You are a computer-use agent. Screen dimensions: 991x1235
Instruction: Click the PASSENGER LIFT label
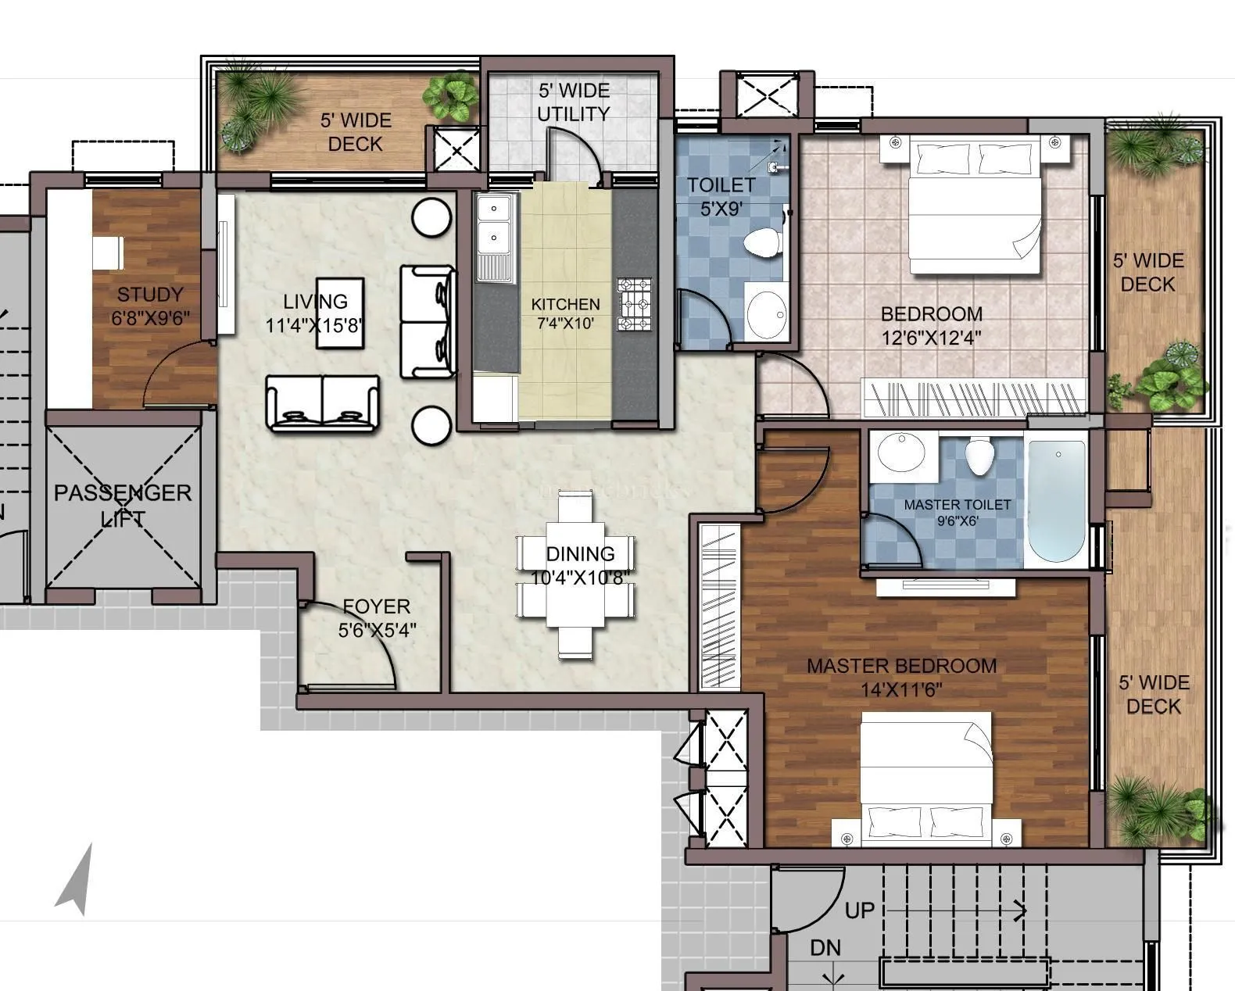[123, 505]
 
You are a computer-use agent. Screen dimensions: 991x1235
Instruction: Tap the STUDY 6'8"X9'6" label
[151, 306]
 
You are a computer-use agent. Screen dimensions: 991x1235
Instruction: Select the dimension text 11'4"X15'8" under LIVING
[315, 325]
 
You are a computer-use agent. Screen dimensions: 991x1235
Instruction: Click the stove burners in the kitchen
[634, 304]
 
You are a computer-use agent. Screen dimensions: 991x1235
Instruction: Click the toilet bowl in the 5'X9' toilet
[762, 243]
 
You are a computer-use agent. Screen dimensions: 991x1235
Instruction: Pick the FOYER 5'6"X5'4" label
[377, 617]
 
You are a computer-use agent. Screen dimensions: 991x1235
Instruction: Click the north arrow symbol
[76, 879]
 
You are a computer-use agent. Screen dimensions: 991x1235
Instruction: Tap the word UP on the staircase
[860, 911]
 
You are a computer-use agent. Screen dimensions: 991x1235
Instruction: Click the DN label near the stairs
[825, 948]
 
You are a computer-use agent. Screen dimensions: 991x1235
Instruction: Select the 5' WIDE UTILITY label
[573, 102]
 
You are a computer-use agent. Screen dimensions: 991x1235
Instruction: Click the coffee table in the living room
[339, 313]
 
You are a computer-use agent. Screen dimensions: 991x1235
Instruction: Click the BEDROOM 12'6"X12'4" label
[931, 325]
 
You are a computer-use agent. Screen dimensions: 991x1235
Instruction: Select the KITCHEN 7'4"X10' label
[565, 313]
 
